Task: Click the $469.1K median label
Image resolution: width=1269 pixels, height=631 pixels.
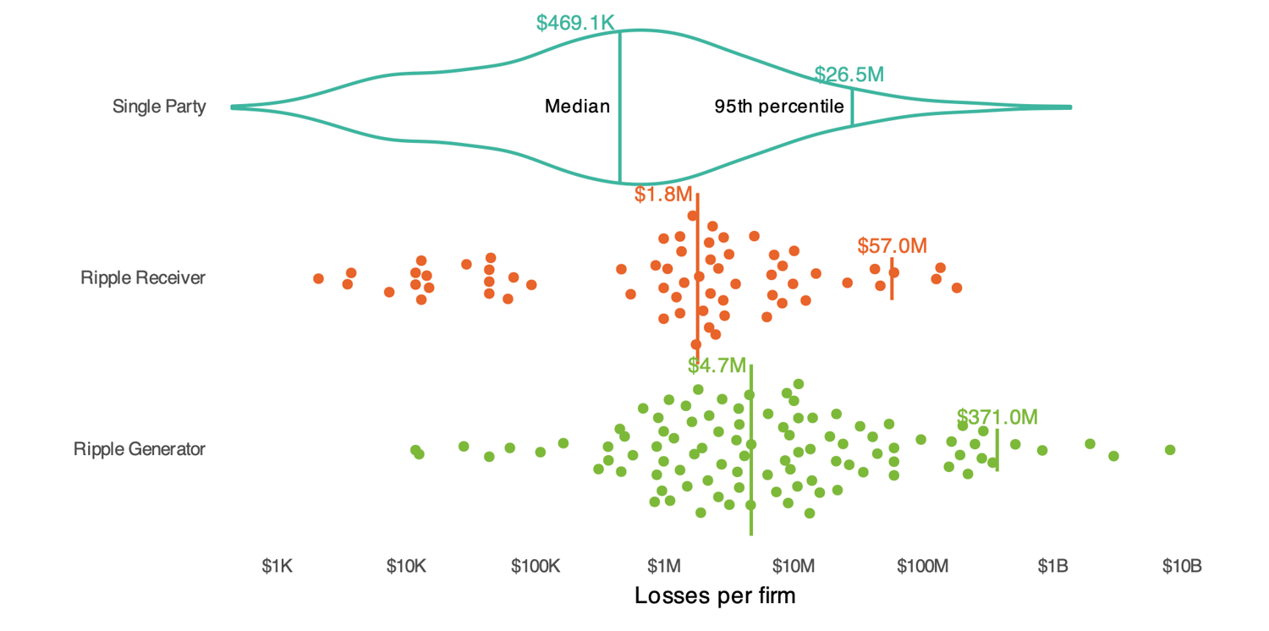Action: pyautogui.click(x=575, y=22)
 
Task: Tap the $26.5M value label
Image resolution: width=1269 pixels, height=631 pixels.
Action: pyautogui.click(x=849, y=74)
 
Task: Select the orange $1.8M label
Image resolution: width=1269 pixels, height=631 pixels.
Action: pyautogui.click(x=663, y=195)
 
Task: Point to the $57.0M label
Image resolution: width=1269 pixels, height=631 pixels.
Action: pyautogui.click(x=892, y=246)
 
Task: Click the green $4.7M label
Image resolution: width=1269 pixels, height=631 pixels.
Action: pyautogui.click(x=717, y=365)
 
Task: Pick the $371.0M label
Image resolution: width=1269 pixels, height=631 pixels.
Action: pyautogui.click(x=997, y=417)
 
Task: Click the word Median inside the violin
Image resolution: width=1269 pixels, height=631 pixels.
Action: pyautogui.click(x=577, y=107)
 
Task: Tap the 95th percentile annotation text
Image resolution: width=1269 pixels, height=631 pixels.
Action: pyautogui.click(x=779, y=107)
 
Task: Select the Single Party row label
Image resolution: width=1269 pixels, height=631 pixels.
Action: pyautogui.click(x=159, y=107)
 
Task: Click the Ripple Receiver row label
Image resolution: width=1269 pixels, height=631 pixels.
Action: pyautogui.click(x=143, y=277)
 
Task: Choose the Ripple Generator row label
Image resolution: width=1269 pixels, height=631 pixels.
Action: pyautogui.click(x=140, y=449)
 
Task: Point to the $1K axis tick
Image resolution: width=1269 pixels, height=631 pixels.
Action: pyautogui.click(x=277, y=566)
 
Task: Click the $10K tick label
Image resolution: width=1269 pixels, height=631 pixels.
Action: pyautogui.click(x=405, y=566)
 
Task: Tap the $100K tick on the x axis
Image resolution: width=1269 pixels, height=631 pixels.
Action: pyautogui.click(x=535, y=566)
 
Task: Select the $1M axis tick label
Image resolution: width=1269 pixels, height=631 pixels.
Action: pyautogui.click(x=664, y=566)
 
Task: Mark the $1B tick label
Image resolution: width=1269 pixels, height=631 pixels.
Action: pyautogui.click(x=1052, y=566)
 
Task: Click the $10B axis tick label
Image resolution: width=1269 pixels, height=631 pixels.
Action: pyautogui.click(x=1181, y=566)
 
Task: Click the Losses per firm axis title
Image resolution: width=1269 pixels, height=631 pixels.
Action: pyautogui.click(x=715, y=595)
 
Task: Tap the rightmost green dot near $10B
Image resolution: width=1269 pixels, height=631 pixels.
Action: pyautogui.click(x=1170, y=449)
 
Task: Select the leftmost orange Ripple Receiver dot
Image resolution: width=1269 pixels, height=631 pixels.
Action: pyautogui.click(x=318, y=278)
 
